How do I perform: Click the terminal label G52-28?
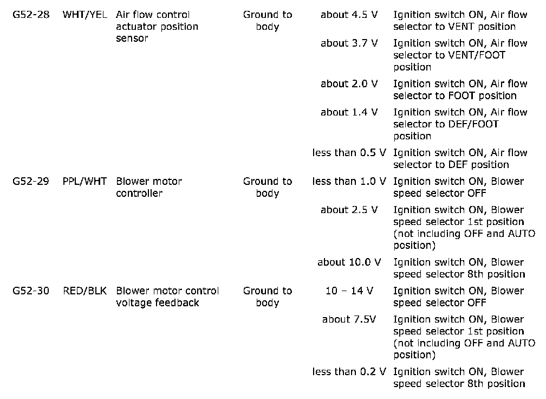point(30,15)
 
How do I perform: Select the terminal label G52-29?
point(30,182)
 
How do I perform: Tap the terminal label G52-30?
point(30,291)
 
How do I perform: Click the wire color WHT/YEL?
point(85,15)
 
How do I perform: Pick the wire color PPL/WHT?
point(85,182)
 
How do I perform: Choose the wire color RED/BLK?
point(85,291)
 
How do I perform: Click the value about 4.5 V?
point(349,15)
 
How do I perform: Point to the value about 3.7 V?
point(349,43)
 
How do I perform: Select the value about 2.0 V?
point(349,84)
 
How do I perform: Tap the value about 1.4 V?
point(349,112)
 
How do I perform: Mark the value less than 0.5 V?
point(349,153)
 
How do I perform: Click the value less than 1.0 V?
point(349,182)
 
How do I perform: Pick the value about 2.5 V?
point(349,210)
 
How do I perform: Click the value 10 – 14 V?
point(349,291)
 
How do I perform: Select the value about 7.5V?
point(349,319)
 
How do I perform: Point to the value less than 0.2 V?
point(349,372)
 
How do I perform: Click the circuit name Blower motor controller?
point(149,188)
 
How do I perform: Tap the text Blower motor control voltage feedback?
point(167,297)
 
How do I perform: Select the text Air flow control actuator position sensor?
point(157,27)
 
